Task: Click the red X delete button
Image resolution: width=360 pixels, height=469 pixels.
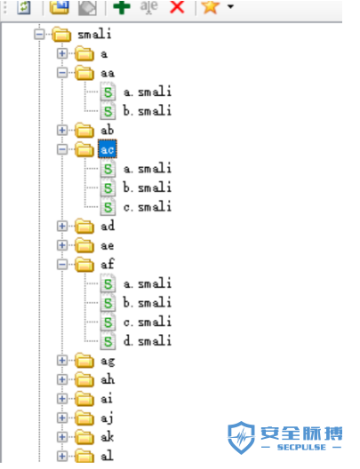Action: click(177, 6)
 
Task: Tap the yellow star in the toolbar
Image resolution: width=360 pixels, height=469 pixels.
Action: click(210, 6)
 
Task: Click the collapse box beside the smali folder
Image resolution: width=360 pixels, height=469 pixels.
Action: click(39, 34)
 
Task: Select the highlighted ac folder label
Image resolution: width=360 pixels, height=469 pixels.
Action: click(108, 149)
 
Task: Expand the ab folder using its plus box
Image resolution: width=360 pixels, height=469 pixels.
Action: click(62, 130)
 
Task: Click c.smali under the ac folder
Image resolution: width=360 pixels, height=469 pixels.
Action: click(147, 207)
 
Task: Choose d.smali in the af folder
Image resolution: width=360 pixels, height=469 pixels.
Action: click(147, 341)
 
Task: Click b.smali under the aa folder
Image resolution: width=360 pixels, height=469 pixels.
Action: click(147, 111)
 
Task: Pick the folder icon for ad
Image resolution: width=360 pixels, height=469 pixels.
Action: click(84, 227)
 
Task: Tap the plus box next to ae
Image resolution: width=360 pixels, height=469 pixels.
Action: click(62, 245)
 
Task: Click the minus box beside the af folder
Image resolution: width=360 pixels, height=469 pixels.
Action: click(62, 265)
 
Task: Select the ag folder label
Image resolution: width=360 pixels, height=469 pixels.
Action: click(108, 361)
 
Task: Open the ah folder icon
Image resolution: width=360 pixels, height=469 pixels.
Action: click(84, 379)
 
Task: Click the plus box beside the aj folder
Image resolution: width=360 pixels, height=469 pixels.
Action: click(62, 417)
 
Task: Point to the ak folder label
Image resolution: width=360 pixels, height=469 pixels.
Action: click(108, 437)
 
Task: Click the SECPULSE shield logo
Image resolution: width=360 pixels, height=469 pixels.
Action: click(241, 438)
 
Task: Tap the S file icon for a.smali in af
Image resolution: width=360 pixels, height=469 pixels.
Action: click(108, 283)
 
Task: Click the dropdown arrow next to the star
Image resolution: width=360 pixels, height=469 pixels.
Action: click(230, 6)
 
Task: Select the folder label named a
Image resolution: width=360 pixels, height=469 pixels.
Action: click(103, 54)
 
